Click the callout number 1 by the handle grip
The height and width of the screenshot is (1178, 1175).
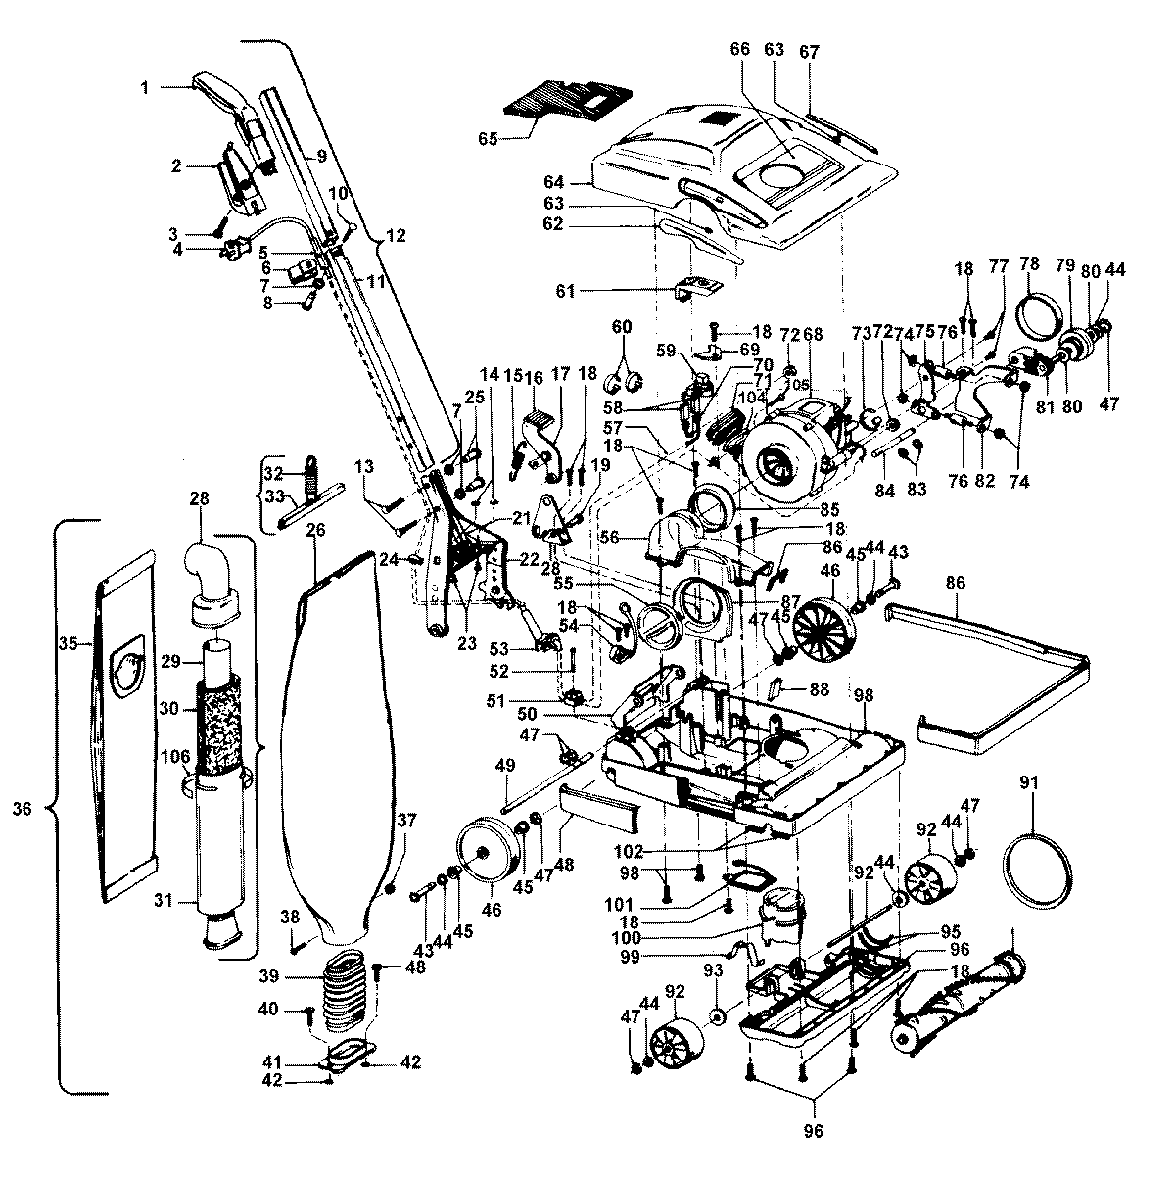point(144,87)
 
